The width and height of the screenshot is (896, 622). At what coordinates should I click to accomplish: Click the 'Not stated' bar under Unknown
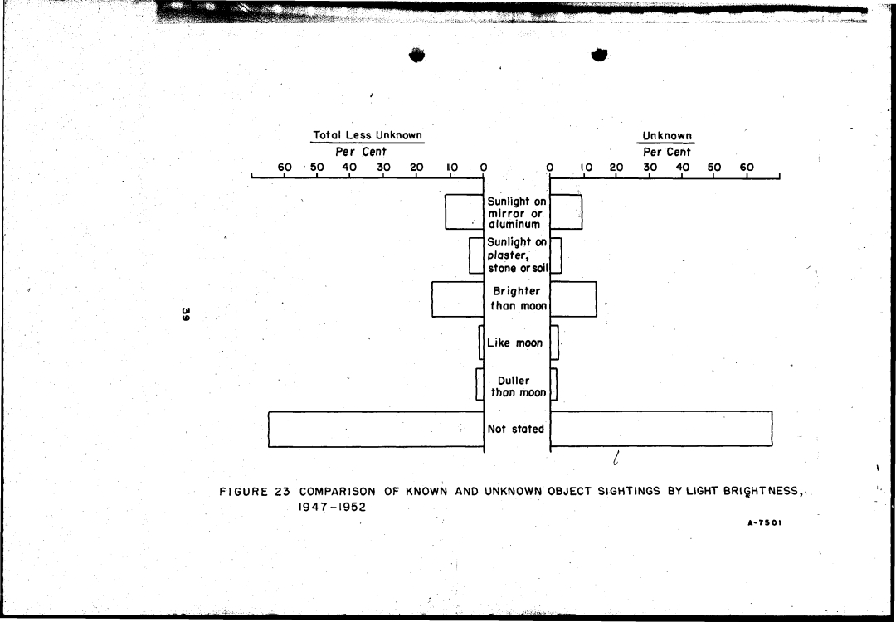[x=661, y=429]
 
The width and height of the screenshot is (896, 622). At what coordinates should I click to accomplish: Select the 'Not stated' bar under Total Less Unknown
[x=376, y=429]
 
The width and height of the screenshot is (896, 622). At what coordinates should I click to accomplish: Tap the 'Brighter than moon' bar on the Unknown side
[x=573, y=299]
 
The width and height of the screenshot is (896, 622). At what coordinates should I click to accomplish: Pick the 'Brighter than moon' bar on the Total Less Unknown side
[x=458, y=299]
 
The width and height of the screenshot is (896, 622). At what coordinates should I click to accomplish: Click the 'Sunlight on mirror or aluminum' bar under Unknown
[x=567, y=212]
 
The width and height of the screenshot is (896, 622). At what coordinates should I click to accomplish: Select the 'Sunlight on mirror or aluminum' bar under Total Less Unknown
[x=465, y=212]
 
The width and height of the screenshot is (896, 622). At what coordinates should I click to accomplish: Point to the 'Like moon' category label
[x=514, y=343]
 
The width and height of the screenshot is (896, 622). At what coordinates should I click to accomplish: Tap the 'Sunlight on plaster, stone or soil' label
[x=517, y=255]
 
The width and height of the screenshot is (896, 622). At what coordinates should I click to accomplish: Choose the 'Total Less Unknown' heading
[x=368, y=135]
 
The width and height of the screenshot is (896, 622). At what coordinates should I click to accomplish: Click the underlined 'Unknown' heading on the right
[x=667, y=136]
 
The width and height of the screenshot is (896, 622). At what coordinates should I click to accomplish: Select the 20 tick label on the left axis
[x=416, y=168]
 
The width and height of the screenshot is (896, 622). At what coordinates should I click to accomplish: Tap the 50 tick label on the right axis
[x=714, y=168]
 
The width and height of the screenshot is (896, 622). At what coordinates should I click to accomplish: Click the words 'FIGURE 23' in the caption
[x=255, y=492]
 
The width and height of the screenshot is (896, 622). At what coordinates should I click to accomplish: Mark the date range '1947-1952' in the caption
[x=332, y=507]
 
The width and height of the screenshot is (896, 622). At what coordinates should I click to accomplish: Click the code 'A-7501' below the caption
[x=765, y=522]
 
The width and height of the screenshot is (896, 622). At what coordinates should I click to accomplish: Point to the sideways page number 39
[x=185, y=313]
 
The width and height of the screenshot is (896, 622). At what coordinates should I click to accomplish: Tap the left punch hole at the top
[x=416, y=55]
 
